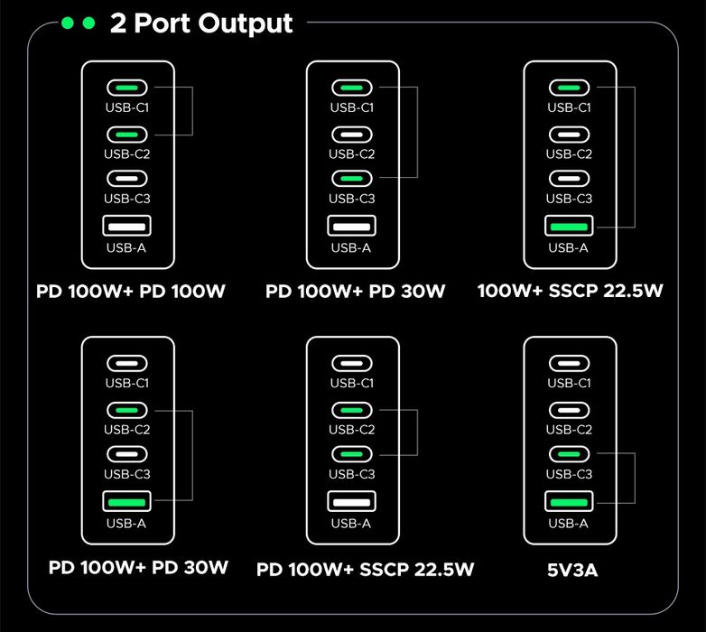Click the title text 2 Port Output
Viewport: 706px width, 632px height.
click(200, 23)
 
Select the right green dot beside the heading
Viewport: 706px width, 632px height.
click(88, 23)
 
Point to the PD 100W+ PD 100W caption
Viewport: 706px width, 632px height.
click(131, 292)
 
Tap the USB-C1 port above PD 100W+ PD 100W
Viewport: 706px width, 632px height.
click(127, 88)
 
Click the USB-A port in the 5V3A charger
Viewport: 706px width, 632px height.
click(569, 501)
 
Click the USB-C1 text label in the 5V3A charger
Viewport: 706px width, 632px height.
click(569, 383)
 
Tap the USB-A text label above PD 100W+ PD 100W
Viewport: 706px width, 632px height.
click(127, 247)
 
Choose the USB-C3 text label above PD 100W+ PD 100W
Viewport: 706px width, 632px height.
click(127, 199)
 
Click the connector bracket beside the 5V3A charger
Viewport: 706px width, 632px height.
click(636, 478)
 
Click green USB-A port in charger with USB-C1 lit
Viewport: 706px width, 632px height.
click(569, 226)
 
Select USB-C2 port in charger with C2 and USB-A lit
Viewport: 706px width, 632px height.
click(127, 410)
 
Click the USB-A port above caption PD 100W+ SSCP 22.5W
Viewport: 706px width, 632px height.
click(352, 501)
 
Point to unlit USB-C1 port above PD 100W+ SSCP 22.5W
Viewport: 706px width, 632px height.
click(352, 364)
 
